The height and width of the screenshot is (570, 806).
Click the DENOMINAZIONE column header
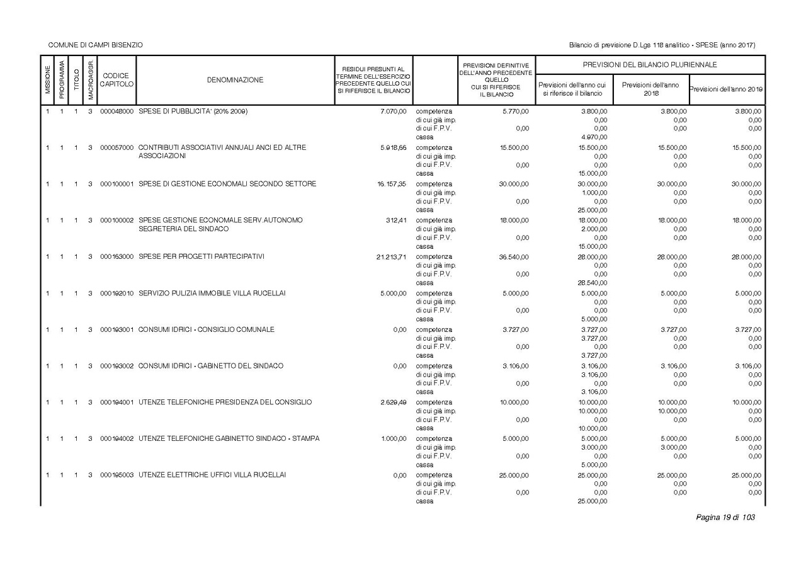235,80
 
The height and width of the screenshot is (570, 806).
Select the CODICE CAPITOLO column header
116,80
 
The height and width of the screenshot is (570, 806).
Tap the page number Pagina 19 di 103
725,518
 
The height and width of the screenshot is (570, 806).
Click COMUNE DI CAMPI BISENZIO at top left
96,45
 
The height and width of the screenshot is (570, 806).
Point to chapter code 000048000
116,111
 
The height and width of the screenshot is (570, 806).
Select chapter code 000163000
116,257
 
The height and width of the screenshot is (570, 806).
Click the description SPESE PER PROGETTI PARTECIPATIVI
201,257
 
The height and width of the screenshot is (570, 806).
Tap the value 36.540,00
514,257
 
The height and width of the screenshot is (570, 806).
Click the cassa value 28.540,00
592,283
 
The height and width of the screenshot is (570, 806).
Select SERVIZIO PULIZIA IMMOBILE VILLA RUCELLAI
207,294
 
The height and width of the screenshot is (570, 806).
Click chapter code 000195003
116,475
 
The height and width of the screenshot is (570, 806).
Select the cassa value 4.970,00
594,137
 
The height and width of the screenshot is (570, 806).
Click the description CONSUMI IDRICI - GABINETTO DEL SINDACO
210,366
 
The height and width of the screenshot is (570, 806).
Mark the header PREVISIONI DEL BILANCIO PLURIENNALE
650,65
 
